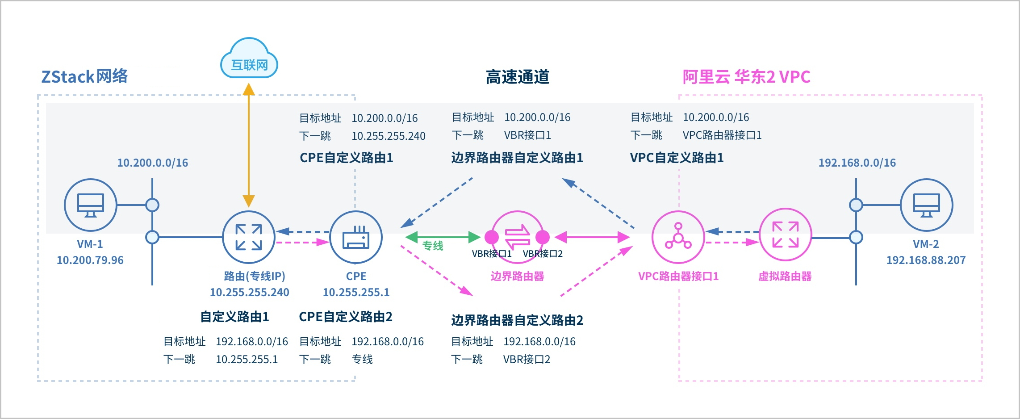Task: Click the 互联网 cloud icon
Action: pyautogui.click(x=249, y=60)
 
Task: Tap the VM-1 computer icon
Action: pyautogui.click(x=90, y=205)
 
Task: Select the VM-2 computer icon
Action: pyautogui.click(x=926, y=205)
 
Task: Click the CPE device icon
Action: pyautogui.click(x=356, y=237)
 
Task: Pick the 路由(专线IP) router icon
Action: pyautogui.click(x=249, y=237)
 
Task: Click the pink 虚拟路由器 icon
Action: pyautogui.click(x=785, y=235)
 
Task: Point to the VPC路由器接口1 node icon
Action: pyautogui.click(x=678, y=237)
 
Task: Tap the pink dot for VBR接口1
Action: pyautogui.click(x=492, y=237)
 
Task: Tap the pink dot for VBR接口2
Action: pyautogui.click(x=543, y=237)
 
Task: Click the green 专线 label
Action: pyautogui.click(x=433, y=246)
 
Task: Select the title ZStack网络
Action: pyautogui.click(x=84, y=77)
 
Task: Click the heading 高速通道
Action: pyautogui.click(x=517, y=77)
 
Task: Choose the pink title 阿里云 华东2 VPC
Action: pyautogui.click(x=746, y=77)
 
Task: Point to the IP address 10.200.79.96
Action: pyautogui.click(x=90, y=260)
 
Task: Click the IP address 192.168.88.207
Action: pyautogui.click(x=926, y=260)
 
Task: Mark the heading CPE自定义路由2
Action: pyautogui.click(x=346, y=317)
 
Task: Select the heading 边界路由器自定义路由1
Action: pyautogui.click(x=517, y=158)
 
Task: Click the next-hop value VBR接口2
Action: pyautogui.click(x=527, y=360)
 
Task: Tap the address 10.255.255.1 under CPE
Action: pyautogui.click(x=356, y=292)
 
